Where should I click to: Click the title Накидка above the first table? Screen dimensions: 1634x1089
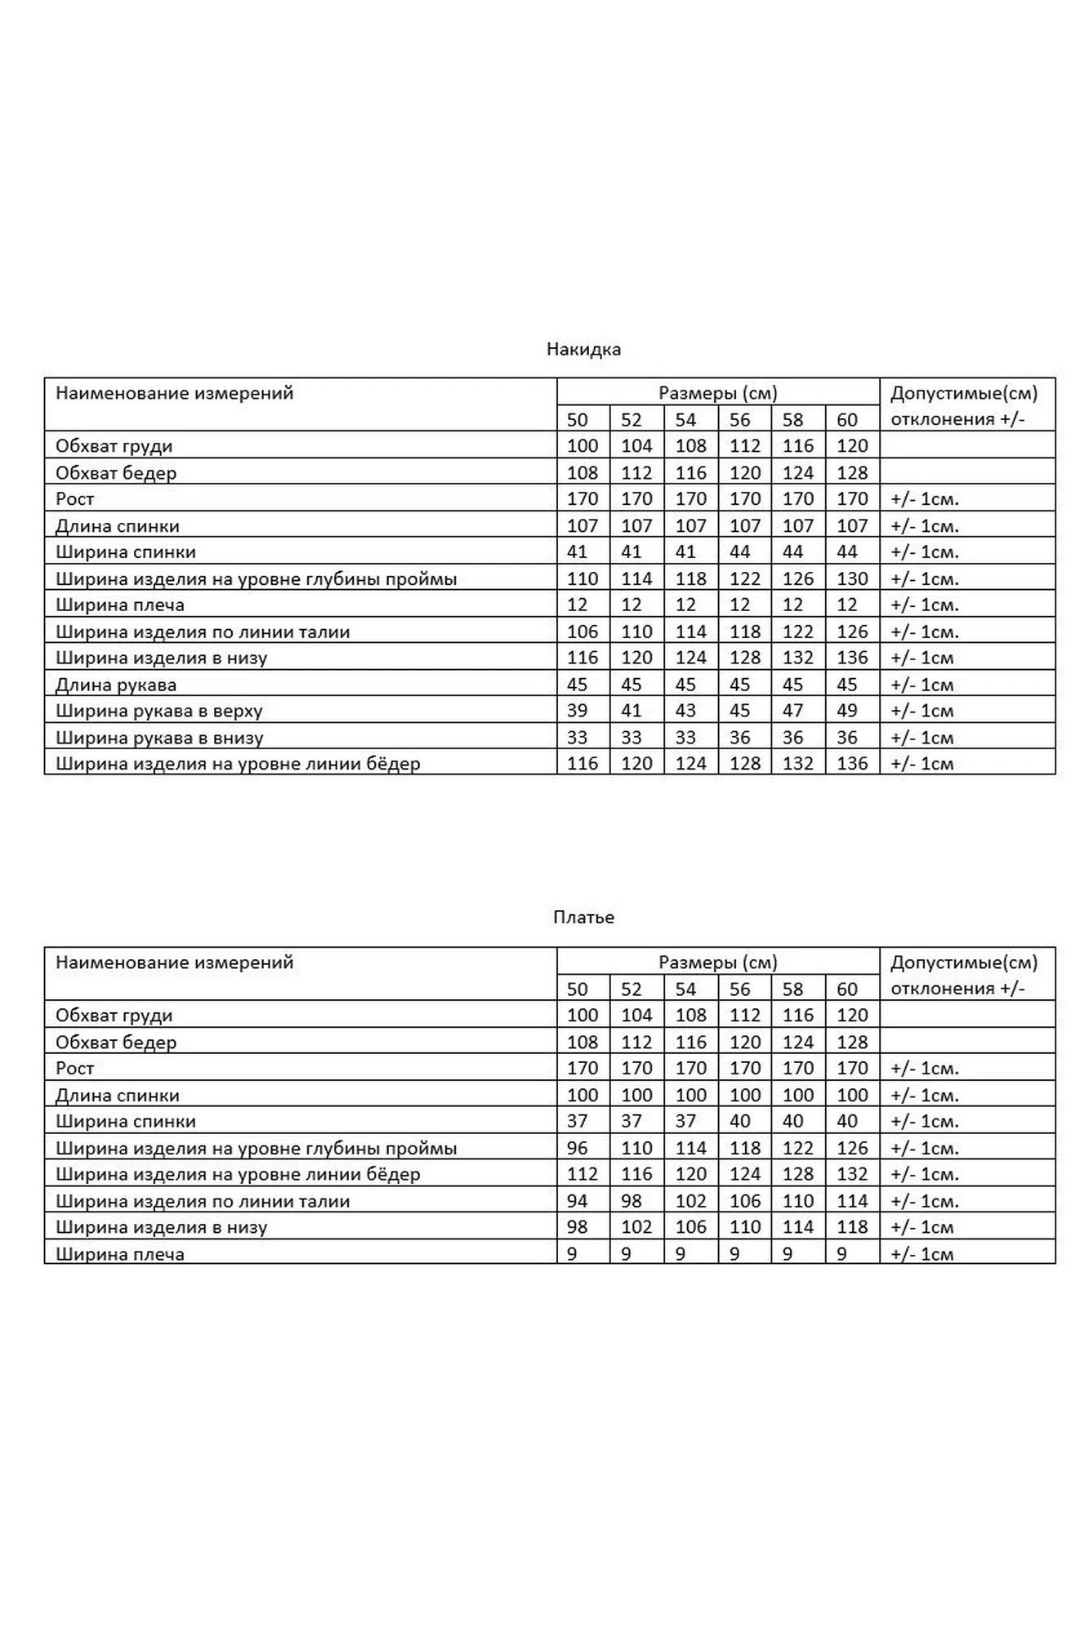click(x=583, y=350)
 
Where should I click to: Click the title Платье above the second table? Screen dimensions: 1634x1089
click(x=583, y=917)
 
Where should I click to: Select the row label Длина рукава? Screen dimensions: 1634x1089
click(x=116, y=685)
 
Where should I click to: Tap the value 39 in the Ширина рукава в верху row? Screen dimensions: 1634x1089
click(x=577, y=711)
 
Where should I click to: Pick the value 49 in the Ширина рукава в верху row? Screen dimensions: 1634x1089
click(x=847, y=711)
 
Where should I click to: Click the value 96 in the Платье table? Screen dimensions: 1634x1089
click(x=577, y=1148)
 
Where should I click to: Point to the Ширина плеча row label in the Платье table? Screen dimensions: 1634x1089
click(x=120, y=1254)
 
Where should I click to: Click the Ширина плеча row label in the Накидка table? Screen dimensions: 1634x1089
click(x=120, y=605)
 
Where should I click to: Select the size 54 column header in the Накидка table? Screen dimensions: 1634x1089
click(x=685, y=420)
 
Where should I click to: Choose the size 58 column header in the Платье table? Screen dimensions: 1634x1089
click(x=792, y=989)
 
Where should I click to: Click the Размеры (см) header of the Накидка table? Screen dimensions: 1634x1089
click(x=718, y=393)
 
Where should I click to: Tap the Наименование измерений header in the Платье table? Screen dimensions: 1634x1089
click(x=174, y=962)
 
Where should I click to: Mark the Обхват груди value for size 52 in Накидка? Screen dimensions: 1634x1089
click(x=636, y=446)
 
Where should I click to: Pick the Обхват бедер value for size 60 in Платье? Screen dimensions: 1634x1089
click(x=852, y=1042)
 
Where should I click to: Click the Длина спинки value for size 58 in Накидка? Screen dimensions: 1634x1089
click(x=797, y=526)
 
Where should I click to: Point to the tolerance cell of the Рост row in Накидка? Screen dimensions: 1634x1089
click(x=925, y=499)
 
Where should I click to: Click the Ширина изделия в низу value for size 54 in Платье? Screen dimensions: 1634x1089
click(x=690, y=1227)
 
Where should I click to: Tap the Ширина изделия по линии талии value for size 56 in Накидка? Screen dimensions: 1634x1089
click(x=744, y=632)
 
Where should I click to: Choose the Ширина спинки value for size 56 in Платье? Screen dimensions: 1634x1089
click(x=739, y=1122)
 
